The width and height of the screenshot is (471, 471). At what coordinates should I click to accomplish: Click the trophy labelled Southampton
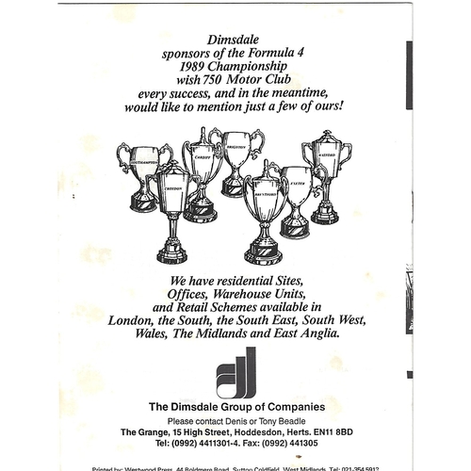[143, 173]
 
